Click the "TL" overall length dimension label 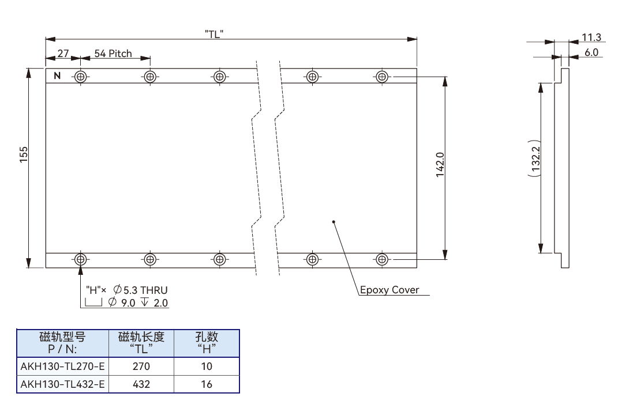[214, 34]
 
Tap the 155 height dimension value [24, 154]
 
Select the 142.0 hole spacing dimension [440, 165]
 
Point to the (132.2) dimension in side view [535, 158]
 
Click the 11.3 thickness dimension [591, 37]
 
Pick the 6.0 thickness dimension [591, 52]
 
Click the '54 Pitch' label [113, 53]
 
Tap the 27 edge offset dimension [63, 53]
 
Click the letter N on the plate [57, 75]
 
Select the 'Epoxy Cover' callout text [389, 290]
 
